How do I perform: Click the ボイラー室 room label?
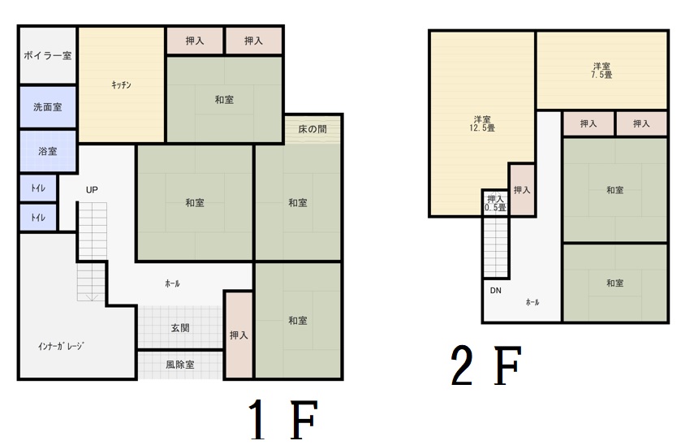click(x=47, y=56)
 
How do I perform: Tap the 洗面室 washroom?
click(x=48, y=106)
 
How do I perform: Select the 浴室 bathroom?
click(x=48, y=151)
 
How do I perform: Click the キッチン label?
click(x=121, y=85)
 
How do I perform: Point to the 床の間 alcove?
click(x=313, y=129)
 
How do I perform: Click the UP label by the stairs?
click(x=92, y=190)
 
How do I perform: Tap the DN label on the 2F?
click(x=496, y=291)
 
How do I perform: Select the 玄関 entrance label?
click(x=180, y=328)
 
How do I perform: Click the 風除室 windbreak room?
click(x=180, y=365)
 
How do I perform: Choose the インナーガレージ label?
click(x=61, y=346)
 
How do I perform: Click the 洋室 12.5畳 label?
click(x=482, y=123)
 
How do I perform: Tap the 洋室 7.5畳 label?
click(x=601, y=71)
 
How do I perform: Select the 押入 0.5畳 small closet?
click(x=495, y=203)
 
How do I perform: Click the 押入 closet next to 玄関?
click(x=239, y=335)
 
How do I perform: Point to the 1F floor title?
click(x=282, y=419)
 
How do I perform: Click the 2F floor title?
click(x=486, y=365)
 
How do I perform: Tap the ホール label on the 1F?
click(x=172, y=283)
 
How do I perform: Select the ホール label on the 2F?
click(x=532, y=302)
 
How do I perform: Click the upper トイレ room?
click(x=38, y=188)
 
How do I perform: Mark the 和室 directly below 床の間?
click(x=298, y=203)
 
